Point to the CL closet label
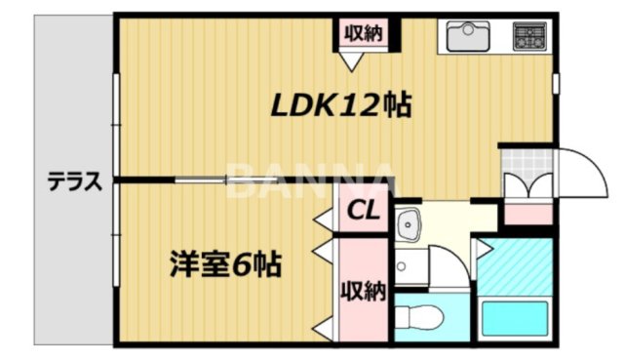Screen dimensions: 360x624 pyautogui.click(x=364, y=209)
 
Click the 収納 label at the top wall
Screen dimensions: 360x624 pyautogui.click(x=362, y=33)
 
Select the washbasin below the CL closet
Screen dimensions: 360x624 pyautogui.click(x=407, y=224)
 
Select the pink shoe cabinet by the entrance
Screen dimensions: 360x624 pyautogui.click(x=526, y=213)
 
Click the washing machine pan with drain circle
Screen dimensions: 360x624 pyautogui.click(x=409, y=264)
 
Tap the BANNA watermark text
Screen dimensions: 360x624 pyautogui.click(x=312, y=182)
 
